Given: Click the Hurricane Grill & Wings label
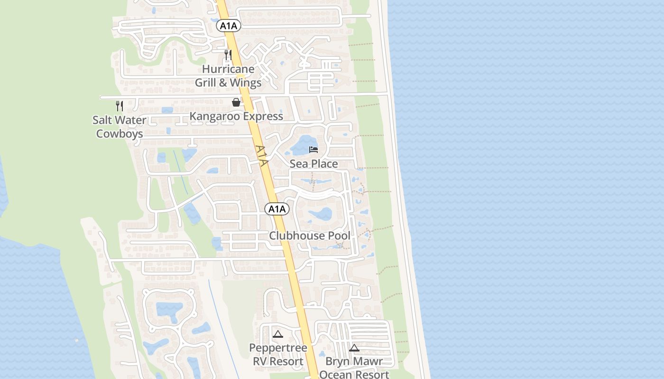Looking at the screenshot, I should coord(228,76).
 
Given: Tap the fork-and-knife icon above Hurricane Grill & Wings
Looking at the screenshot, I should coord(228,55).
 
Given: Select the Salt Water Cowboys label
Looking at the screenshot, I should coord(120,127).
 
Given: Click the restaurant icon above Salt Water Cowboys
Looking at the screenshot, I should coord(120,106).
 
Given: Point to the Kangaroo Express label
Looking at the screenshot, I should coord(236,116).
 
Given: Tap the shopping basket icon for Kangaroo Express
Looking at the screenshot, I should coord(236,102).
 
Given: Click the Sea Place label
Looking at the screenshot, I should coord(314,164).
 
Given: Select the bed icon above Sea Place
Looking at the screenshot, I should coord(314,150).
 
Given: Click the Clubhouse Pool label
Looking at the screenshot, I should coord(310,235).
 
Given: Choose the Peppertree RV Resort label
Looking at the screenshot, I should coord(278,354).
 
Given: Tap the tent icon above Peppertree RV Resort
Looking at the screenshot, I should coord(278,334).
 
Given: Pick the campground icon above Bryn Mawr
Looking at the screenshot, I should coord(354,348).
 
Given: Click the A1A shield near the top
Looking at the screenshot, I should coord(229,26).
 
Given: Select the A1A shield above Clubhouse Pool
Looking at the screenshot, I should coord(277,209).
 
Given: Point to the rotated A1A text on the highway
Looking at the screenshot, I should coord(262,156).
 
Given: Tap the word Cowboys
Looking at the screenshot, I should coord(120,134).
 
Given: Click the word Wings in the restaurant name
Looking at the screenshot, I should coord(245,83).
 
